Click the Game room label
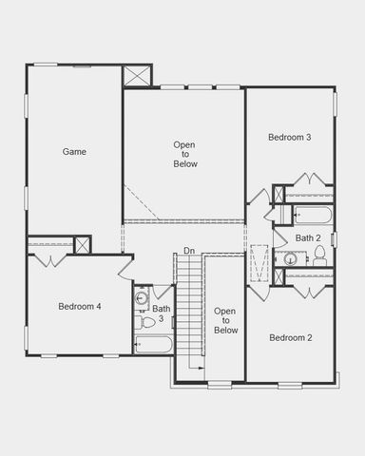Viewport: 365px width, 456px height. click(75, 151)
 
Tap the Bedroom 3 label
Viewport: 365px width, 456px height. click(290, 138)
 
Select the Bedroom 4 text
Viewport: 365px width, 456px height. click(80, 306)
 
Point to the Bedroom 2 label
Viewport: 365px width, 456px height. click(290, 337)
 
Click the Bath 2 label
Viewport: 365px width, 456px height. click(308, 237)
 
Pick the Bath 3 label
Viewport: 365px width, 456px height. click(162, 313)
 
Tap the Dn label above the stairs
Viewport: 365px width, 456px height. click(189, 251)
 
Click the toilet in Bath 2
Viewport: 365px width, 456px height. click(320, 255)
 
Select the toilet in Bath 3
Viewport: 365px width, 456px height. click(146, 322)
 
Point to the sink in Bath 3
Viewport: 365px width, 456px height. click(143, 298)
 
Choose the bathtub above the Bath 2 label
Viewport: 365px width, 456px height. click(311, 214)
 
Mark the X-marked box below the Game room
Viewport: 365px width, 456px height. click(84, 245)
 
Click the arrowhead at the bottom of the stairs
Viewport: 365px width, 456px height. click(202, 369)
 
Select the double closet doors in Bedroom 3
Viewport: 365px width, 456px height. click(311, 180)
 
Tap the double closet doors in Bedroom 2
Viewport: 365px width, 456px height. click(311, 290)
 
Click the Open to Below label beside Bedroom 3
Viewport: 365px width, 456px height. click(184, 154)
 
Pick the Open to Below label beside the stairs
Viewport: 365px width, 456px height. click(225, 320)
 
